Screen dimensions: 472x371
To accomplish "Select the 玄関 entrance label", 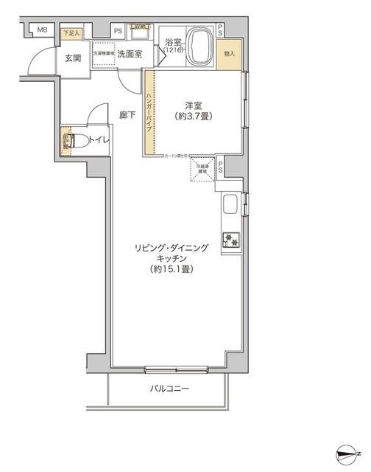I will [x=72, y=58].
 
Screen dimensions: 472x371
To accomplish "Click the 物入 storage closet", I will [x=230, y=54].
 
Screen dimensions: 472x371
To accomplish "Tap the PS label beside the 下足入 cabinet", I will [x=118, y=31].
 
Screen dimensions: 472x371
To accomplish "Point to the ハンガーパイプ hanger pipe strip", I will [x=149, y=113].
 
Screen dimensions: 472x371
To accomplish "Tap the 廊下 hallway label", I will [x=127, y=114].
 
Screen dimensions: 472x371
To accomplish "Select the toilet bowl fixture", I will [x=68, y=140].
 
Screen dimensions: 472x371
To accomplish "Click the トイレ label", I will [x=96, y=140].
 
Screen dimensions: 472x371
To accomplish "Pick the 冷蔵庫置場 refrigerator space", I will [x=202, y=169].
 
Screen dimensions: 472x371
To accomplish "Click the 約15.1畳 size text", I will [x=177, y=270].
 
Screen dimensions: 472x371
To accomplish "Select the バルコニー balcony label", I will [x=171, y=389].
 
